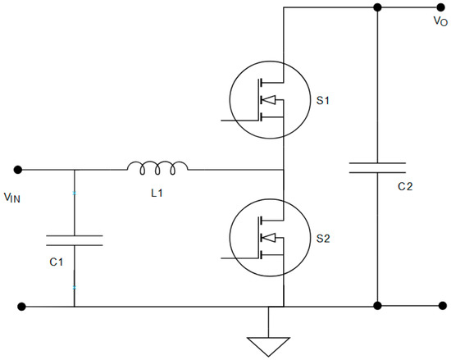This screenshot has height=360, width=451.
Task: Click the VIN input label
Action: tap(16, 197)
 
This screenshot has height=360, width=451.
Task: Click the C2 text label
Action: tap(404, 187)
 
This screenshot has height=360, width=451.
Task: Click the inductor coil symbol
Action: tap(157, 168)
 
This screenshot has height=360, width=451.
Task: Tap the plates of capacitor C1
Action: tap(74, 239)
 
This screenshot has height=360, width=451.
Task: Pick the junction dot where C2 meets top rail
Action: tap(377, 7)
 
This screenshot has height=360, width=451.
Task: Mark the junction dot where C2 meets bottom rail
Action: tap(377, 307)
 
